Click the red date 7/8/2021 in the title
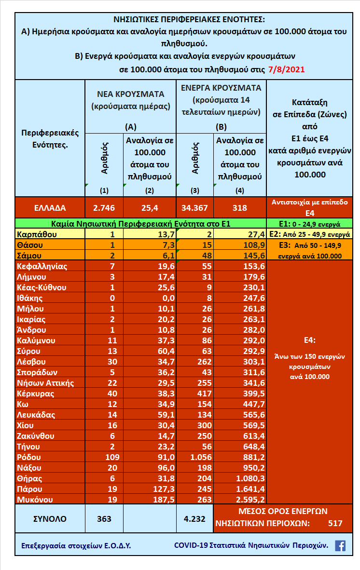point(286,69)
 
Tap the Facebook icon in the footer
point(340,546)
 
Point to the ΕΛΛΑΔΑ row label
point(50,208)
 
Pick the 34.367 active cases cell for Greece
point(195,208)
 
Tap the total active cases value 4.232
point(195,519)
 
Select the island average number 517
point(335,523)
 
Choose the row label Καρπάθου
point(37,234)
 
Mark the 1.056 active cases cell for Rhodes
point(195,457)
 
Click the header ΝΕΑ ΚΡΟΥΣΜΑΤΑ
point(131,94)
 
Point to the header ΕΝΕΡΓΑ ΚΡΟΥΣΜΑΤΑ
point(221,88)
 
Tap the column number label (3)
point(195,190)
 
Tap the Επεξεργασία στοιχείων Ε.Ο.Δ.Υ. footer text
point(76,546)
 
